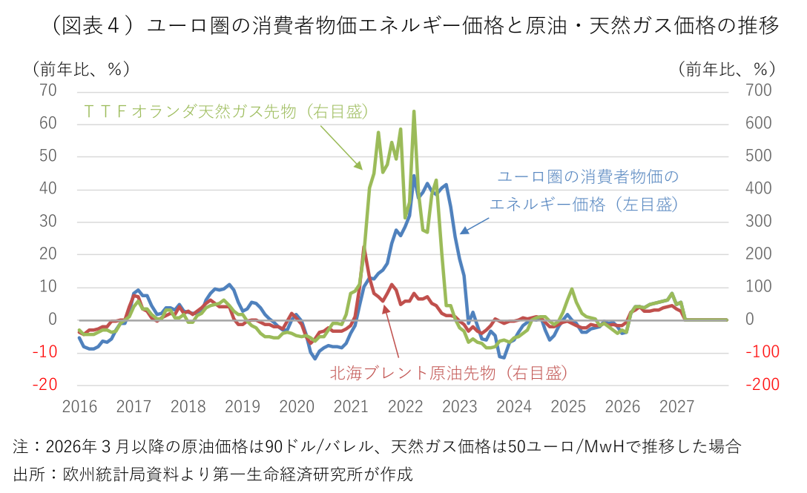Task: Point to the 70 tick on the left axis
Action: pyautogui.click(x=47, y=90)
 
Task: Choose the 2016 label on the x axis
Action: pyautogui.click(x=79, y=407)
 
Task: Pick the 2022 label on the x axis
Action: pyautogui.click(x=405, y=407)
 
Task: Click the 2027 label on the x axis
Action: pyautogui.click(x=676, y=407)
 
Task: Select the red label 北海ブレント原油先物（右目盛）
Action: pyautogui.click(x=449, y=373)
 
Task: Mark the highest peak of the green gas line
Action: pyautogui.click(x=413, y=111)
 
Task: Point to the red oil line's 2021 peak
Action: pyautogui.click(x=364, y=248)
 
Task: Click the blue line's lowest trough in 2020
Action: pyautogui.click(x=314, y=359)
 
